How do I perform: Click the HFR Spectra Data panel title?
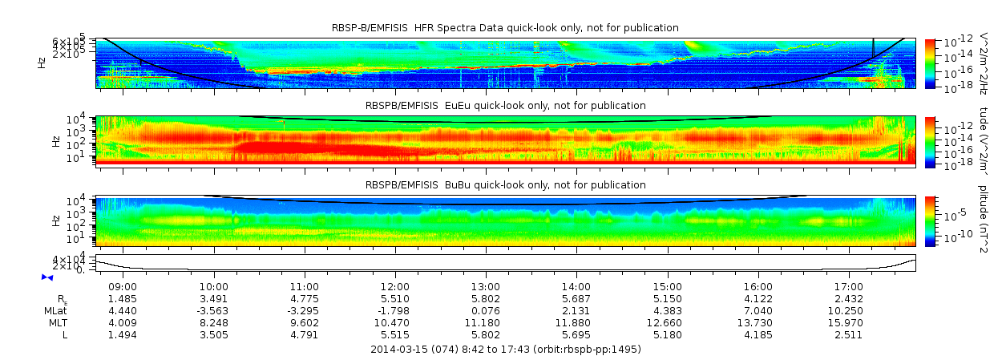(x=505, y=28)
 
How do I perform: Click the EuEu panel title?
(x=505, y=106)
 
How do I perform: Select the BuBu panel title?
(x=505, y=185)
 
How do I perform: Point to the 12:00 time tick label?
(x=395, y=287)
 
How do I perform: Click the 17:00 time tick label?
(x=849, y=287)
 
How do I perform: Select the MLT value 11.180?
(x=486, y=323)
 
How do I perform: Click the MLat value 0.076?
(x=486, y=311)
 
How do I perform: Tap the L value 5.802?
(x=486, y=335)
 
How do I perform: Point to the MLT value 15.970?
(x=849, y=323)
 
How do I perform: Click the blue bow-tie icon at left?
(x=47, y=277)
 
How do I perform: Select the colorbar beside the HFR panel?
(x=930, y=63)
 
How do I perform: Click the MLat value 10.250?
(x=849, y=311)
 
